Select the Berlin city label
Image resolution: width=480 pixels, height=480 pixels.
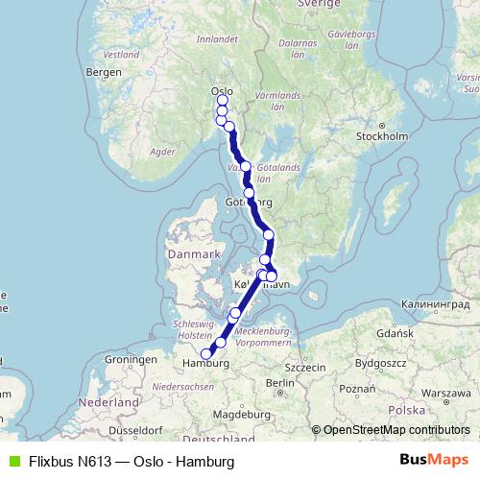[280, 382]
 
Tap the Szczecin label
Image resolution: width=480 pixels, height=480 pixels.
[306, 367]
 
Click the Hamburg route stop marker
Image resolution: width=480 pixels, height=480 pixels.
[205, 353]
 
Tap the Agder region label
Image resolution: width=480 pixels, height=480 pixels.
[163, 151]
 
